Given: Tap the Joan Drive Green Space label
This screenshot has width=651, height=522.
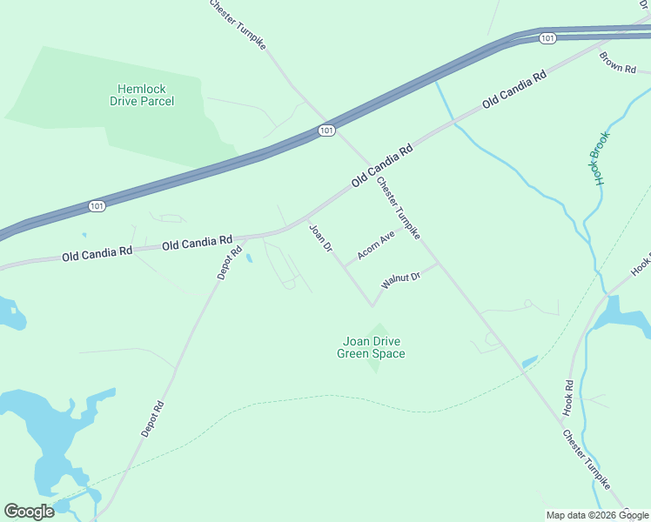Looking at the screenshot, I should [x=371, y=347].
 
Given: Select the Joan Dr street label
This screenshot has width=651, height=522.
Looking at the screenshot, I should [x=321, y=238].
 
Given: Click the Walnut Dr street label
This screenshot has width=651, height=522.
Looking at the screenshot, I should [x=400, y=280].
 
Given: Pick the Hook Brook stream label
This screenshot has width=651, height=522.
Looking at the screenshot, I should [x=601, y=157].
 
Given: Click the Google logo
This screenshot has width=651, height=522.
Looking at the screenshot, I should [x=29, y=512].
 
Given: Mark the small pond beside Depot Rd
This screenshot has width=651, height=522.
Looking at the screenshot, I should [x=249, y=258].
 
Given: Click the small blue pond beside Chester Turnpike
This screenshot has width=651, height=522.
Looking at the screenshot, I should [x=529, y=362].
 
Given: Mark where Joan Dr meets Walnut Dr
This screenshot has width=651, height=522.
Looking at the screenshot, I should [x=372, y=305].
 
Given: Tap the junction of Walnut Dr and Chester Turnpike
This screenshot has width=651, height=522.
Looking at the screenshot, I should [x=438, y=263].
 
